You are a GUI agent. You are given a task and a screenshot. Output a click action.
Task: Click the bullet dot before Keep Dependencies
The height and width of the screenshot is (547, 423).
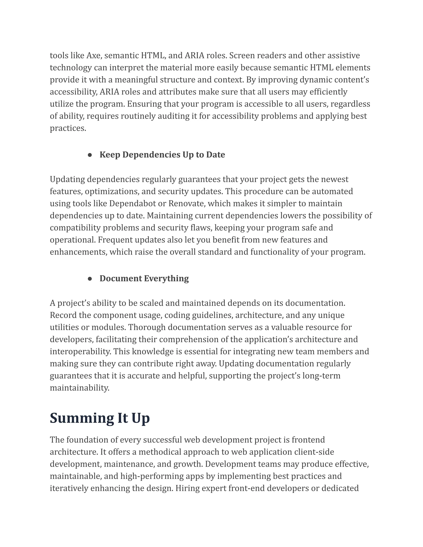click(90, 155)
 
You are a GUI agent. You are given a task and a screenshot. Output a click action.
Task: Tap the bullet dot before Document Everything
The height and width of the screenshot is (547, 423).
click(90, 279)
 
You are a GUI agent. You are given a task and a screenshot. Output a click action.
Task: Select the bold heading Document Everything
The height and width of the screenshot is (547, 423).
click(144, 278)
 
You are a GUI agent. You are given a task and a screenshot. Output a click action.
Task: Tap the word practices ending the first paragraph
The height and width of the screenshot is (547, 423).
click(68, 128)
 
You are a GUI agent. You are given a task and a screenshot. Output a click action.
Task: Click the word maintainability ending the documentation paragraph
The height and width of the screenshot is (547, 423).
click(80, 388)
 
